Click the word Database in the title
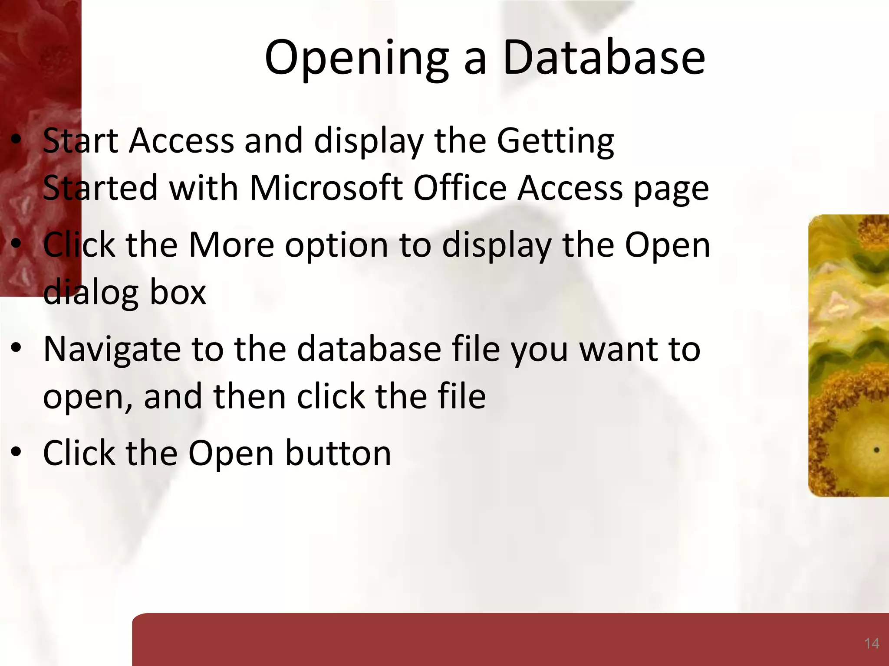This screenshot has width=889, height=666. [603, 57]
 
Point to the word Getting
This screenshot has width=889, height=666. [555, 141]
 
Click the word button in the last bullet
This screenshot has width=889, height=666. [338, 454]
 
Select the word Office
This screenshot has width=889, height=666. [460, 189]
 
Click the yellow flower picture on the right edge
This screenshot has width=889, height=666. [849, 356]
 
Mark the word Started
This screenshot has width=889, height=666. [100, 189]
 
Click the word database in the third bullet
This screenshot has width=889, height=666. [369, 349]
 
